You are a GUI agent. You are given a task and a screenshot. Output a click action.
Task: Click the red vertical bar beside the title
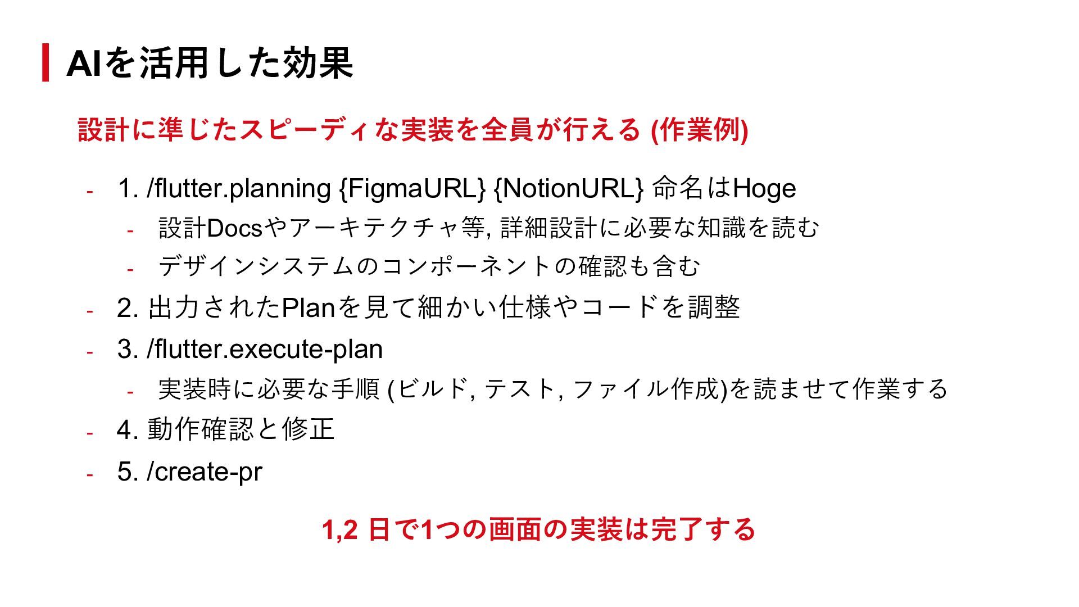click(x=46, y=62)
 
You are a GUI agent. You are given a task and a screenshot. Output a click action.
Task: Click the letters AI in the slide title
click(x=84, y=63)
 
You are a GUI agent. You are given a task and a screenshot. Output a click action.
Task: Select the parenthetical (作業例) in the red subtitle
click(x=699, y=130)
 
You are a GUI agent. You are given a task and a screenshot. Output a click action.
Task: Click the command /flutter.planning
click(x=239, y=189)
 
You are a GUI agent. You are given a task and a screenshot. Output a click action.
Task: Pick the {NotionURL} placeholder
click(x=568, y=189)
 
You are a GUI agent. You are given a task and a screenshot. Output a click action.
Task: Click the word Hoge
click(x=764, y=189)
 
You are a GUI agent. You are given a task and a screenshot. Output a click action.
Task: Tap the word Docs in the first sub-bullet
click(x=234, y=229)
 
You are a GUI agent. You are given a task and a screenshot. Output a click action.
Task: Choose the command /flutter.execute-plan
click(x=265, y=350)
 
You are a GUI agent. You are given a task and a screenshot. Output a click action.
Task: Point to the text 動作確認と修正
click(x=241, y=430)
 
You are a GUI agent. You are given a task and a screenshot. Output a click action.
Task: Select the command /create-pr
click(x=204, y=472)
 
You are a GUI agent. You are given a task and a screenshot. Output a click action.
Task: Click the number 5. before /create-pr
click(x=128, y=472)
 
